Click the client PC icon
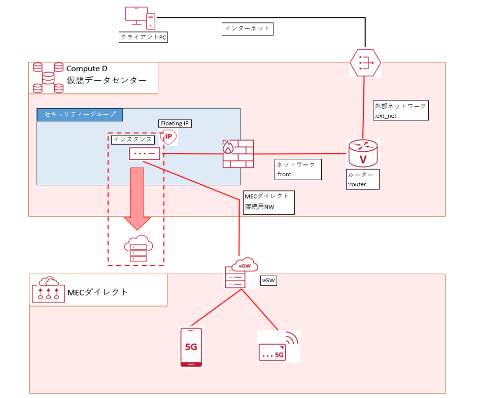tap(140, 18)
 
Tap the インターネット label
tap(248, 29)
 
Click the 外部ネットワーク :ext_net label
tap(400, 110)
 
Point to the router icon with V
tap(363, 153)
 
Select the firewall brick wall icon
tap(237, 154)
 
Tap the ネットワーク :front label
tap(298, 170)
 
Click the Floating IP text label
tap(176, 123)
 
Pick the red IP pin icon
tap(169, 137)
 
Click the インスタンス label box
tap(133, 139)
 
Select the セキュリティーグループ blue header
tap(80, 114)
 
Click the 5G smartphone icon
tap(191, 347)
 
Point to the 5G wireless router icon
tap(279, 347)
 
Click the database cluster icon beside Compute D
tap(48, 78)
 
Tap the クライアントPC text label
tap(144, 37)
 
